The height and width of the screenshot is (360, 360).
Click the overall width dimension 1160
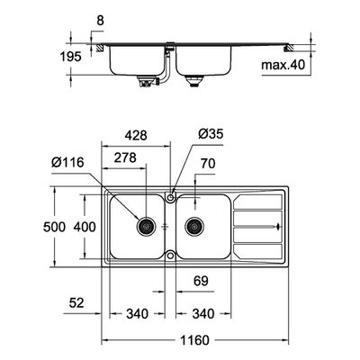click(x=194, y=340)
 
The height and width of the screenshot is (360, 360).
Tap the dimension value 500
click(x=54, y=227)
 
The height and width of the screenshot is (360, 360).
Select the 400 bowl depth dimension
click(x=85, y=227)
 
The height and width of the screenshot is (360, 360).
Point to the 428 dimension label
click(x=136, y=135)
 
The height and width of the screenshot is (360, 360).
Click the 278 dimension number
click(x=125, y=157)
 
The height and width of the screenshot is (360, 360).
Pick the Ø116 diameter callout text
click(x=67, y=163)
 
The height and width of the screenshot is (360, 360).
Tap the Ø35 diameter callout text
click(x=211, y=134)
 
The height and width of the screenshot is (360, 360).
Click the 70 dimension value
click(x=208, y=164)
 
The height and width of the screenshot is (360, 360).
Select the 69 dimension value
click(x=201, y=281)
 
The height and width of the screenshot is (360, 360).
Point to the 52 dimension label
click(x=76, y=303)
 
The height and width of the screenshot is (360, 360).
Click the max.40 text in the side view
click(x=283, y=65)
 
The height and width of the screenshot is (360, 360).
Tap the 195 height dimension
click(x=70, y=57)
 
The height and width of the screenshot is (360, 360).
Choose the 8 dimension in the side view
click(x=100, y=21)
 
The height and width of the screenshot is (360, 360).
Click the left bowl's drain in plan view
click(x=147, y=227)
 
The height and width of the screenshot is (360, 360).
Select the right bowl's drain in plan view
click(x=194, y=227)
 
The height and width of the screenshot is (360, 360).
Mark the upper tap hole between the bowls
click(x=170, y=197)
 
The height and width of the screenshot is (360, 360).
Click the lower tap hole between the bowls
click(x=170, y=256)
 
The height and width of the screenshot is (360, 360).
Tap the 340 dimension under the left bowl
click(x=137, y=314)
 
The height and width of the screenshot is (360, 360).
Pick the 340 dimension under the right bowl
click(x=203, y=314)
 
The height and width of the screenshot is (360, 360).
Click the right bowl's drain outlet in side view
click(x=194, y=81)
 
